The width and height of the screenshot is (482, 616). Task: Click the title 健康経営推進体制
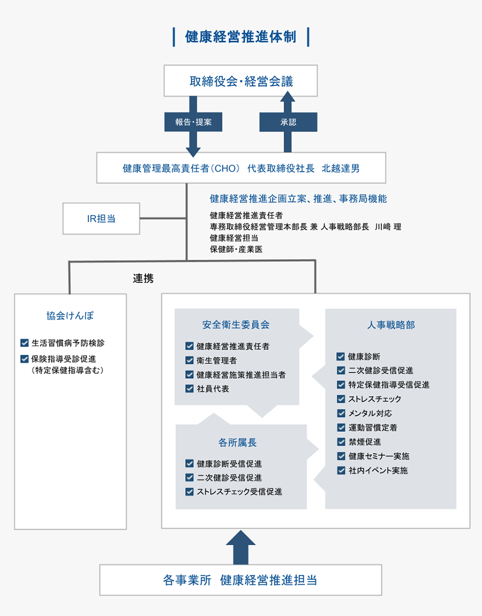241,37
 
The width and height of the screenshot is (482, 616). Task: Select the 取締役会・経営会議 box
241,82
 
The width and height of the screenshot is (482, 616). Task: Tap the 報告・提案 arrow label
193,122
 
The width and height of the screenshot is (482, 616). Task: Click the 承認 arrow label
288,122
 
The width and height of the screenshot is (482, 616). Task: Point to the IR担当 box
101,218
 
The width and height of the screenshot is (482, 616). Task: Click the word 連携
143,278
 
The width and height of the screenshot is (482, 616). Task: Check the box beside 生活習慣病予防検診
24,343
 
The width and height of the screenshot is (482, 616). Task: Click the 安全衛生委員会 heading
236,324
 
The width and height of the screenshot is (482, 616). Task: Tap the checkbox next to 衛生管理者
190,361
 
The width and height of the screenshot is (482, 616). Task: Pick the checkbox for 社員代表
190,389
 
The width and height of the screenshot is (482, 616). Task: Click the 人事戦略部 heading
391,325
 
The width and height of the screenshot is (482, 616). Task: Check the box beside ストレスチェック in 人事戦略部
341,399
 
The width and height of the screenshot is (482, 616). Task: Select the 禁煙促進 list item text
365,442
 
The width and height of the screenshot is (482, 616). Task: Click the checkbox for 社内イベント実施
341,470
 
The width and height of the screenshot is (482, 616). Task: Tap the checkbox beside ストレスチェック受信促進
190,492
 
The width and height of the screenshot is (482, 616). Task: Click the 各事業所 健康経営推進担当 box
240,580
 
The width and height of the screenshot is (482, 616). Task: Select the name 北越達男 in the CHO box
341,168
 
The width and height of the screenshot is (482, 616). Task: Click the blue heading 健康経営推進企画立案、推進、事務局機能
298,198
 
